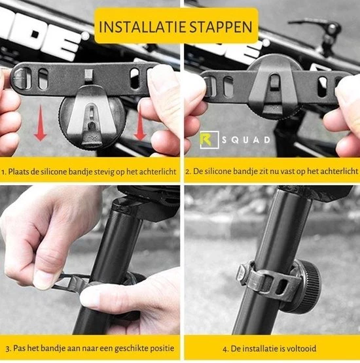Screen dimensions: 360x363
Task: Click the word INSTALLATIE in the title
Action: pyautogui.click(x=143, y=27)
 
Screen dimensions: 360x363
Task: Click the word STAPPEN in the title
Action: pyautogui.click(x=221, y=27)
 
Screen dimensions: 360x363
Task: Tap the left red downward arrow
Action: pyautogui.click(x=41, y=123)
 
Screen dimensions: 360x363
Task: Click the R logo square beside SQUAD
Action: pyautogui.click(x=209, y=139)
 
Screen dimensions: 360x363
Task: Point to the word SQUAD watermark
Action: pyautogui.click(x=246, y=140)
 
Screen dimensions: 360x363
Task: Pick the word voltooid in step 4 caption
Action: pyautogui.click(x=302, y=348)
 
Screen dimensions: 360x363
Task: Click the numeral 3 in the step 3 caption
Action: pyautogui.click(x=8, y=349)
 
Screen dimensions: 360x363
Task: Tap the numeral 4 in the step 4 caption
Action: pyautogui.click(x=225, y=349)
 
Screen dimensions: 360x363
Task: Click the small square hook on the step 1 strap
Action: pyautogui.click(x=89, y=75)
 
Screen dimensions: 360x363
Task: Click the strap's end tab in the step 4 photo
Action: pyautogui.click(x=242, y=273)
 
